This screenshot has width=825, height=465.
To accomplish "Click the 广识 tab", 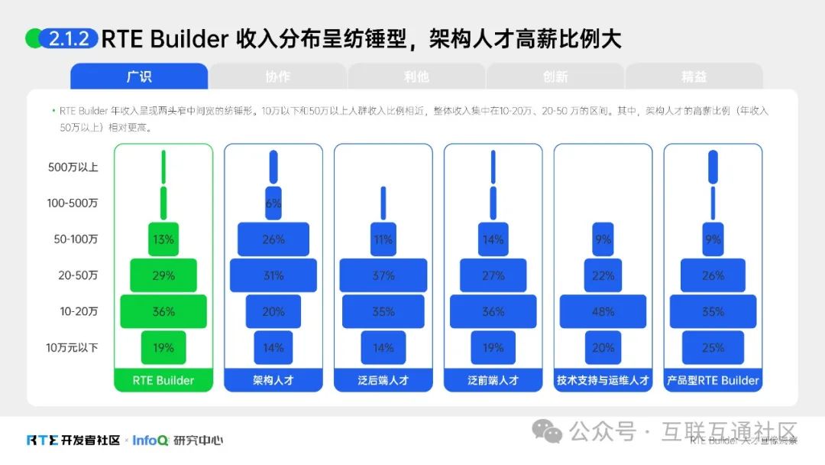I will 139,76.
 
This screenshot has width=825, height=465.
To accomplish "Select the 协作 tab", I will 277,76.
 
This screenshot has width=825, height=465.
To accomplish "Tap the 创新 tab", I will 555,76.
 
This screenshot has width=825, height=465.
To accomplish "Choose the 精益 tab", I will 694,76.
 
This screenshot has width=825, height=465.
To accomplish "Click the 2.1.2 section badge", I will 69,39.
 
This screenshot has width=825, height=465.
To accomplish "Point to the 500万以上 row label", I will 73,167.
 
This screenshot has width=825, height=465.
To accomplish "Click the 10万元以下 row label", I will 72,348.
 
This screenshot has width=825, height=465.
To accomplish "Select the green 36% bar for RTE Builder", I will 163,311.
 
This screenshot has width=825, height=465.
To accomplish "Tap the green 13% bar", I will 163,239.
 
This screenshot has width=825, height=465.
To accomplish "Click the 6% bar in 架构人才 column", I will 273,203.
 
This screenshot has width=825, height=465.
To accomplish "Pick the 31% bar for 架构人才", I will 273,275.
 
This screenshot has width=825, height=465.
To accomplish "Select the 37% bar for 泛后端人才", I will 383,275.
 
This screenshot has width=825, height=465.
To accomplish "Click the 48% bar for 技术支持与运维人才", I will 603,311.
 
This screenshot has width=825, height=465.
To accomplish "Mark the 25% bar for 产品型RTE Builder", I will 713,348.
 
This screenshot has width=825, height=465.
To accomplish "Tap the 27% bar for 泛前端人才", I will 493,275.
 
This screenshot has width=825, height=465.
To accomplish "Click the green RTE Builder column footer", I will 163,380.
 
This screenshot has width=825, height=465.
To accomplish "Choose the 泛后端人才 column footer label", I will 383,380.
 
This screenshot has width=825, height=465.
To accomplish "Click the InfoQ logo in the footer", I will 150,441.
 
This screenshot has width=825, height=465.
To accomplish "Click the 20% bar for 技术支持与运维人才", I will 603,348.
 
